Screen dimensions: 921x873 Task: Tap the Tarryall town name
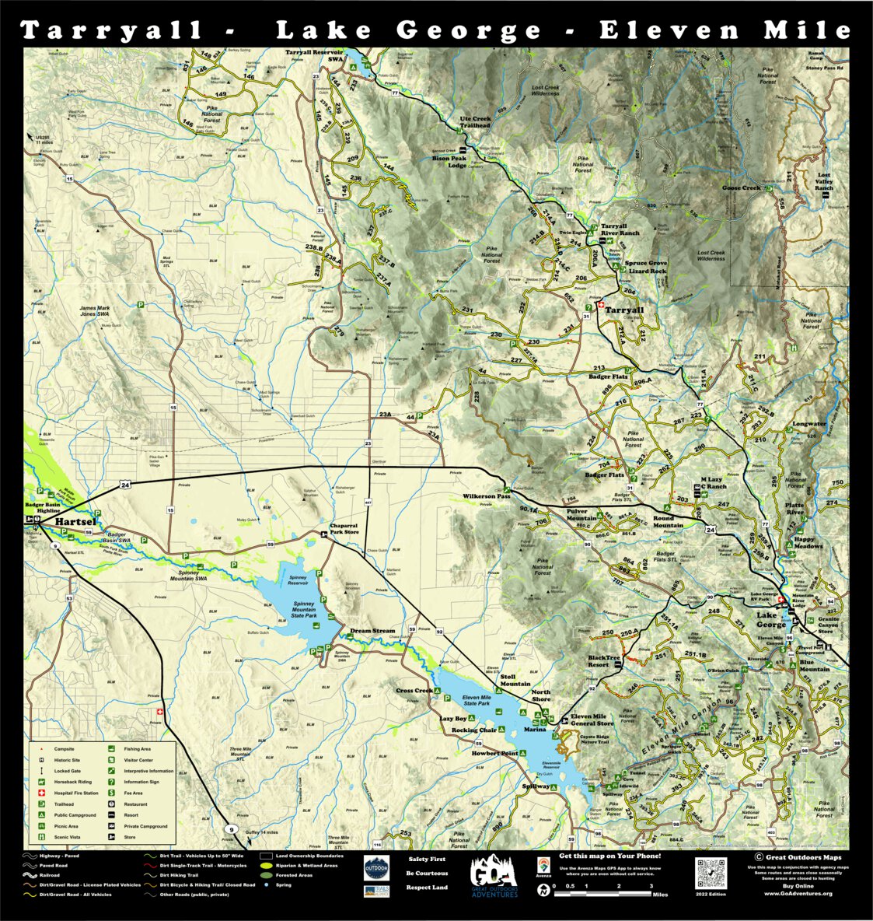[624, 310]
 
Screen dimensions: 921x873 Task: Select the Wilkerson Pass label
[487, 496]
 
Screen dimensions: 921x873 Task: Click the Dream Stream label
[372, 631]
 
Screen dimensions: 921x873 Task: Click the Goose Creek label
[741, 188]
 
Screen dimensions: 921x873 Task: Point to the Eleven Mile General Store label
[592, 720]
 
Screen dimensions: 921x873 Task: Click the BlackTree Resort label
[604, 661]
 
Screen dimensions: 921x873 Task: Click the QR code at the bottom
[711, 874]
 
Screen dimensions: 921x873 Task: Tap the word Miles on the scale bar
[660, 895]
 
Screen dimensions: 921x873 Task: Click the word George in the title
[469, 31]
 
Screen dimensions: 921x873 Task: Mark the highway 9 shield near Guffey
[230, 830]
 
